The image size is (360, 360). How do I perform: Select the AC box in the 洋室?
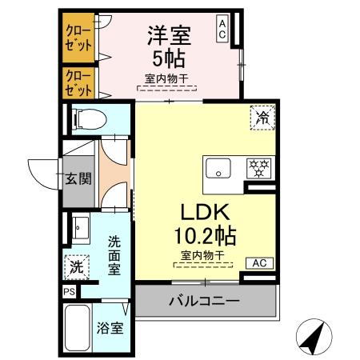coord(222,30)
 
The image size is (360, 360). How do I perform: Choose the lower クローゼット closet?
coord(78,83)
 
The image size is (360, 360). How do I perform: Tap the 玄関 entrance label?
coord(78,178)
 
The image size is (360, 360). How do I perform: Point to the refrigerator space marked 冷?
coord(262,117)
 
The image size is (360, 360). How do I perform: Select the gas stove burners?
coord(258,169)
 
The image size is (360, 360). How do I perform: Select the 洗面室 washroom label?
coord(114,254)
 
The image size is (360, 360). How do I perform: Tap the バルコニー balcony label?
coord(204,302)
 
